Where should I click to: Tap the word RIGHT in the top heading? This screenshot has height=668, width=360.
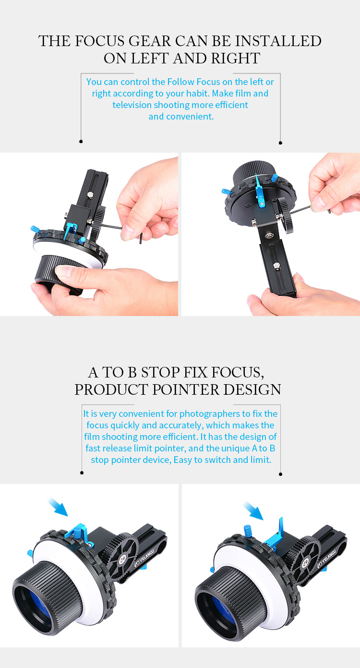[235, 58]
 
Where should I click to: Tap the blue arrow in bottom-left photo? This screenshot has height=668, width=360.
[59, 506]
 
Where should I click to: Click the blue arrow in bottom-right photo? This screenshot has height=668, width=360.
[253, 510]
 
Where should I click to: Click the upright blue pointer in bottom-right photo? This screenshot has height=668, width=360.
[276, 534]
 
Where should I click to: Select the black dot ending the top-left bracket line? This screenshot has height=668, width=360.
[81, 141]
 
